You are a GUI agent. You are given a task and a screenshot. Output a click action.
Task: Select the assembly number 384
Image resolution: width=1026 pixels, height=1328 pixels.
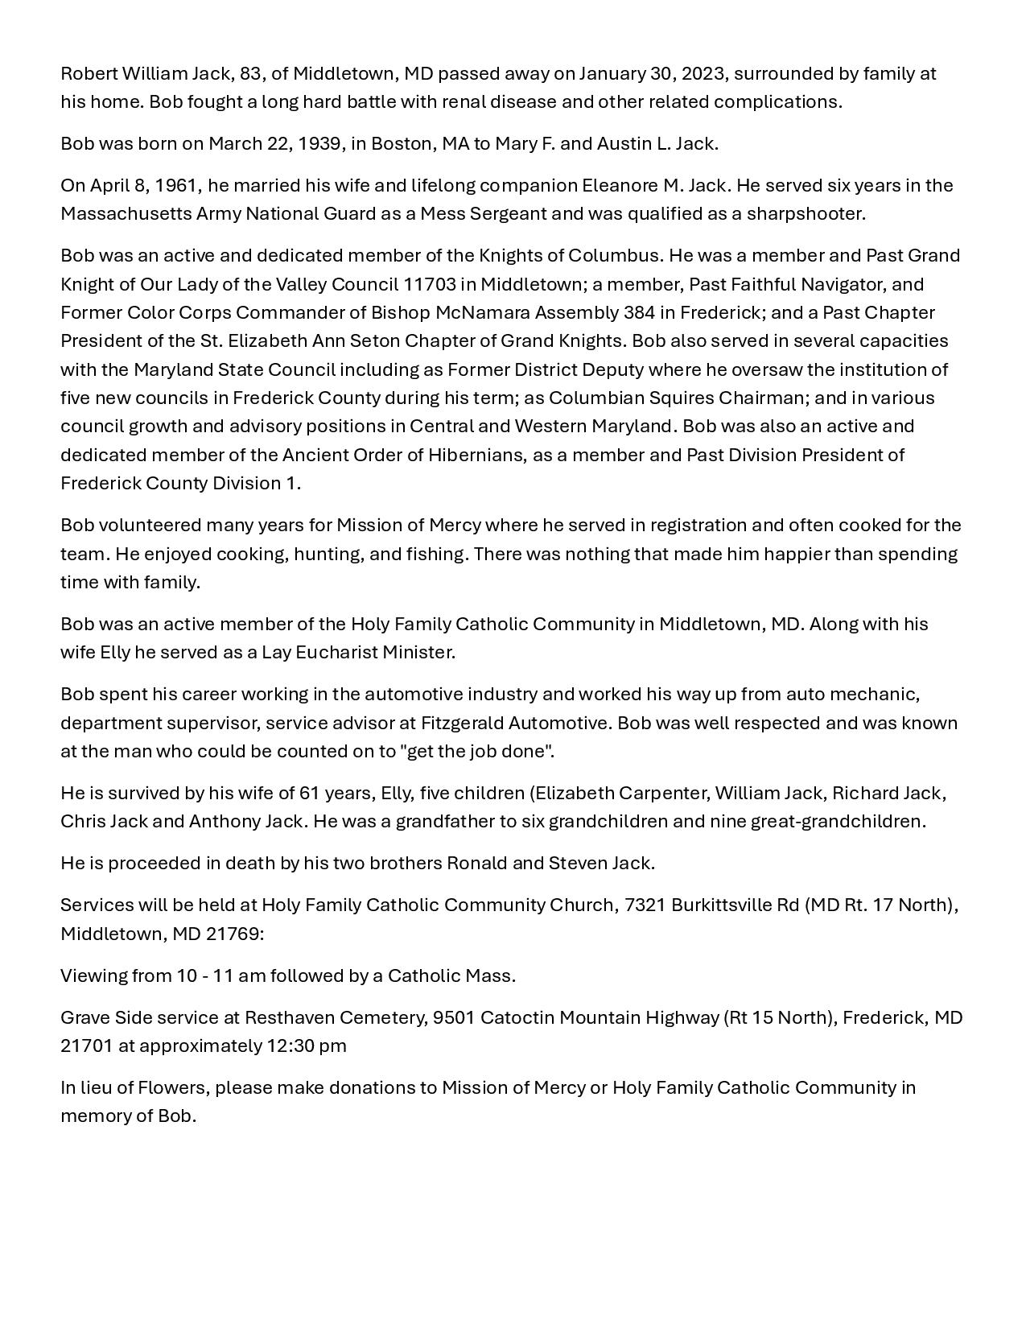[639, 313]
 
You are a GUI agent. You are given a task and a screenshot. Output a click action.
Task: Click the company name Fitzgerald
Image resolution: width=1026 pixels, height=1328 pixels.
[462, 724]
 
